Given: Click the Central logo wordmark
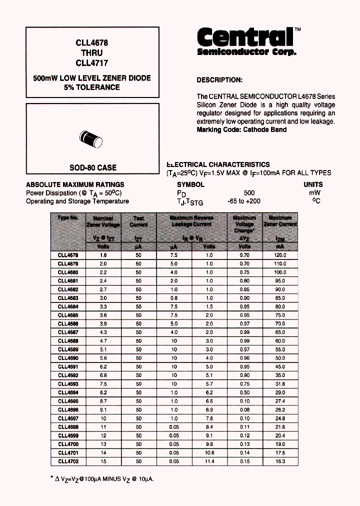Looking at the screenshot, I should pos(245,37).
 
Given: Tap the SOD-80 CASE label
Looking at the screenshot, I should pos(92,167).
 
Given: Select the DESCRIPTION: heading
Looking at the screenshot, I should pos(219,80).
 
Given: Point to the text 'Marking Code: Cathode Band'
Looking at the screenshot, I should pos(241,129).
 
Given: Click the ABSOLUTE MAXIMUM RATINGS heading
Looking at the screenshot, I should pos(75,184).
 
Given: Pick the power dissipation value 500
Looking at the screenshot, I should pos(249,192).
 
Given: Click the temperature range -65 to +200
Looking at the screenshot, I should pos(243,201).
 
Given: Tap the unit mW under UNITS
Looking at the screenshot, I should pos(314,192).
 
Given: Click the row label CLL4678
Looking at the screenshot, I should pos(68,255).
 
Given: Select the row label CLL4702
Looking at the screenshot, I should pos(68,461).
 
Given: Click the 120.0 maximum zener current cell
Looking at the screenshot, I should pos(280,255).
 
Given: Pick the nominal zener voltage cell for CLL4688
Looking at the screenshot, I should pos(103,341).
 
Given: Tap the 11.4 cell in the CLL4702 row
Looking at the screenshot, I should pos(209,461).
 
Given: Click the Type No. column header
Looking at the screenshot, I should pos(68,218).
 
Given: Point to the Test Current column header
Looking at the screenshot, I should pos(138,221).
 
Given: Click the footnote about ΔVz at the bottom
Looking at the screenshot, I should pos(102,479).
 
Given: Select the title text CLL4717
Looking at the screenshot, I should pos(91,63).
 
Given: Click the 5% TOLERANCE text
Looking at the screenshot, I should pos(91,87).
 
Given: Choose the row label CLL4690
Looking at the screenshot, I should pos(68,358).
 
